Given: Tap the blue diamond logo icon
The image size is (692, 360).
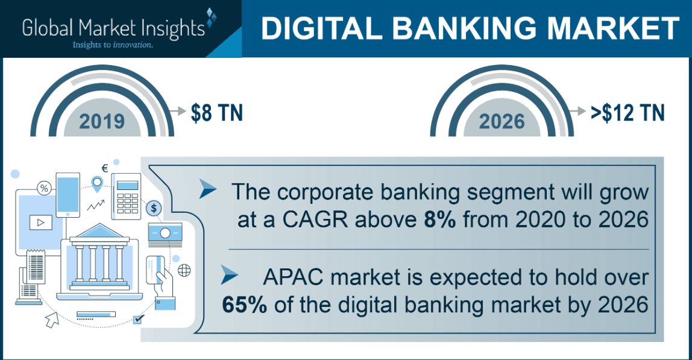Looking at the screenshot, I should click(210, 19).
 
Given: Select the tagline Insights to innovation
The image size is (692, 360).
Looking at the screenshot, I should click(112, 45).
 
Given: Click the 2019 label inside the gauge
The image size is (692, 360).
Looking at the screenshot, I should click(102, 121).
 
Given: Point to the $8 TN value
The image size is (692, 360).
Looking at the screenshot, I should click(216, 112).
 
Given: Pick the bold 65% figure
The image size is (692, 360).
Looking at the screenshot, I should click(245, 304).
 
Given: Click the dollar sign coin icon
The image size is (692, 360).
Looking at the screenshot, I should click(154, 209).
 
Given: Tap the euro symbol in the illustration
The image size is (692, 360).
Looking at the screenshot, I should click(104, 168).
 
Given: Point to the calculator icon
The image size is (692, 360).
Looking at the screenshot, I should click(126, 196).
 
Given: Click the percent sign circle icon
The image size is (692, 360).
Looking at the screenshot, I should click(43, 188).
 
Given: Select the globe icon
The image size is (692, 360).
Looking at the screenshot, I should click(184, 270).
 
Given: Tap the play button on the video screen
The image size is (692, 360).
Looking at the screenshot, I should click(41, 222).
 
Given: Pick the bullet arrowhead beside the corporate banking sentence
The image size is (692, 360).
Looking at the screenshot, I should click(208, 191).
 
